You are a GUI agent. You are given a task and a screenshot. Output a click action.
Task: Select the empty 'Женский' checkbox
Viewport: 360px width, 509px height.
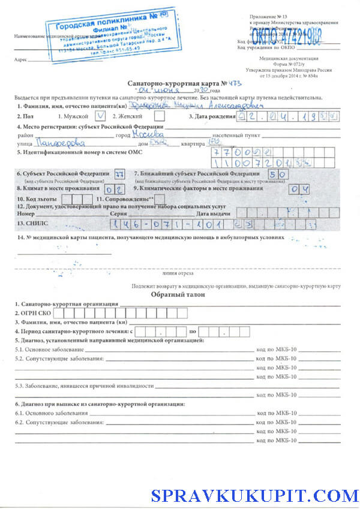click(160, 116)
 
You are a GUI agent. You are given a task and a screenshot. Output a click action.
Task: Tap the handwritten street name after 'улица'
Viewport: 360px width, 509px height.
click(60, 144)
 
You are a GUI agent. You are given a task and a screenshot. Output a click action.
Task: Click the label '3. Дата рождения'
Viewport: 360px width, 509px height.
click(211, 117)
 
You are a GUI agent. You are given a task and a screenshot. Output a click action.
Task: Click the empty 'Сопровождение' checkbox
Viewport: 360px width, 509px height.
click(160, 198)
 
